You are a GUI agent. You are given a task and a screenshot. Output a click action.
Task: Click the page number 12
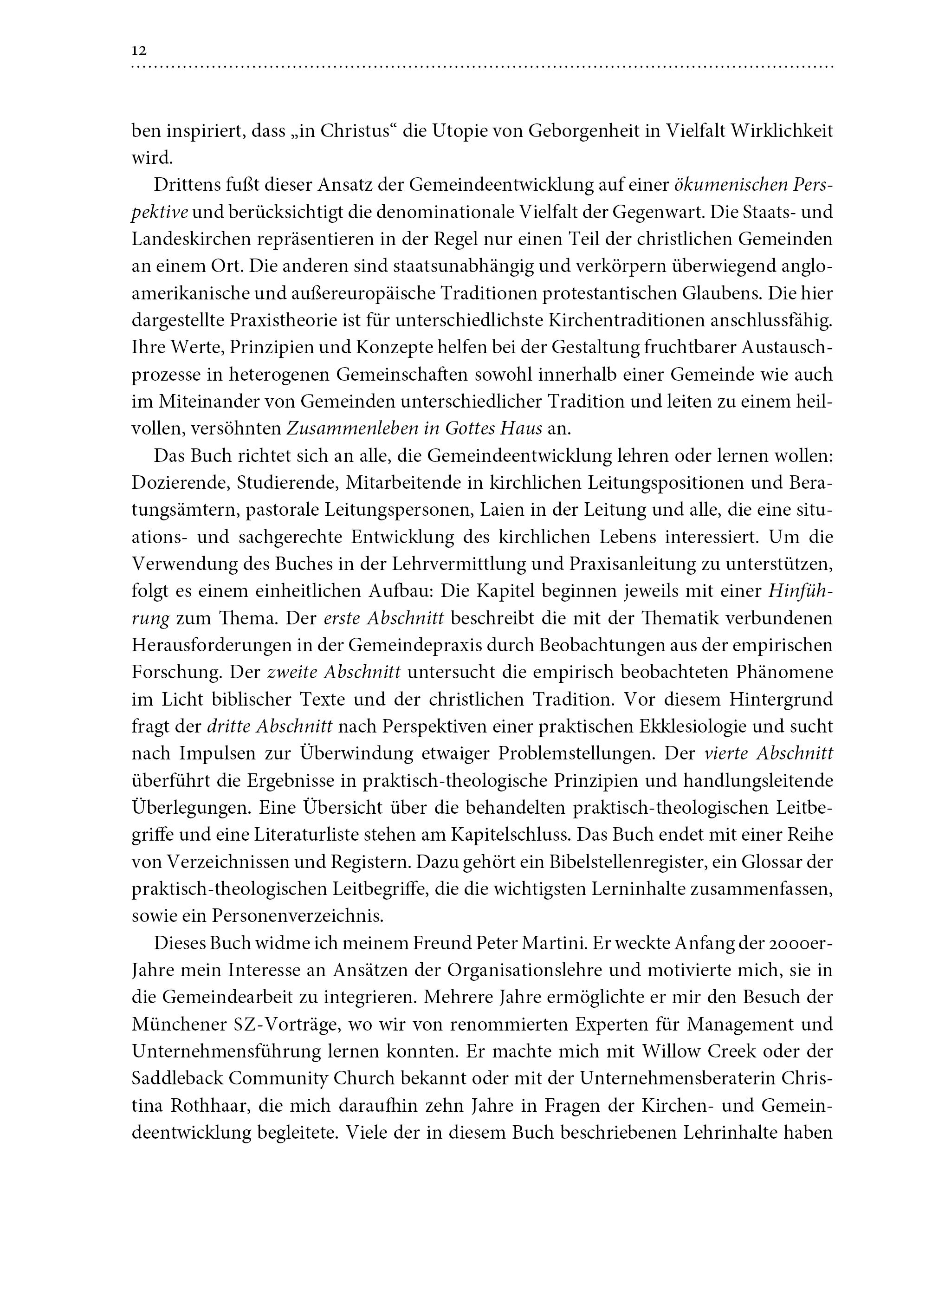coord(139,51)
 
